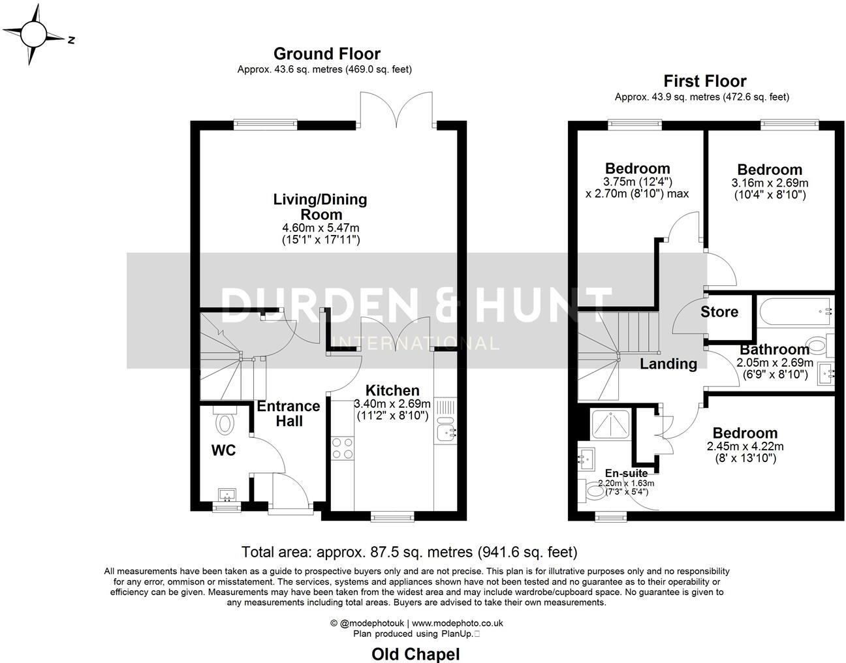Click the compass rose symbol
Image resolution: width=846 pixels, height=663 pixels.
point(34,35)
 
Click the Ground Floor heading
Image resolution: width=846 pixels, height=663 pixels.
point(326,54)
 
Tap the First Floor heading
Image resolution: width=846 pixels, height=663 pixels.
point(704,81)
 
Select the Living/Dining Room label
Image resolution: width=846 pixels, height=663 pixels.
point(320,206)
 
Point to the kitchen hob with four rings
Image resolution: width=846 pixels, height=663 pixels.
point(343,448)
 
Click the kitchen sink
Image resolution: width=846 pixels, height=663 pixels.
point(446,430)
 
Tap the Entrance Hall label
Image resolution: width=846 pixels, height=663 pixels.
point(289,413)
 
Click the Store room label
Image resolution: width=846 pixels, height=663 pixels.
point(719,312)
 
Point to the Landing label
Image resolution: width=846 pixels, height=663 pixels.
point(668,363)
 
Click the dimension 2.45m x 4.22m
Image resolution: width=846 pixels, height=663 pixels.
point(745,447)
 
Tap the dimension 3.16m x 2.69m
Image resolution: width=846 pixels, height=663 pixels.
point(770,183)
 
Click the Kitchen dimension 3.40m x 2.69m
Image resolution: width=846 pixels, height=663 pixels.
point(393,403)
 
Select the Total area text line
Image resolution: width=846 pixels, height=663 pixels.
point(409,552)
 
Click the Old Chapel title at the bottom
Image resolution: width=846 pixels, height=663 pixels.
point(416,654)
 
